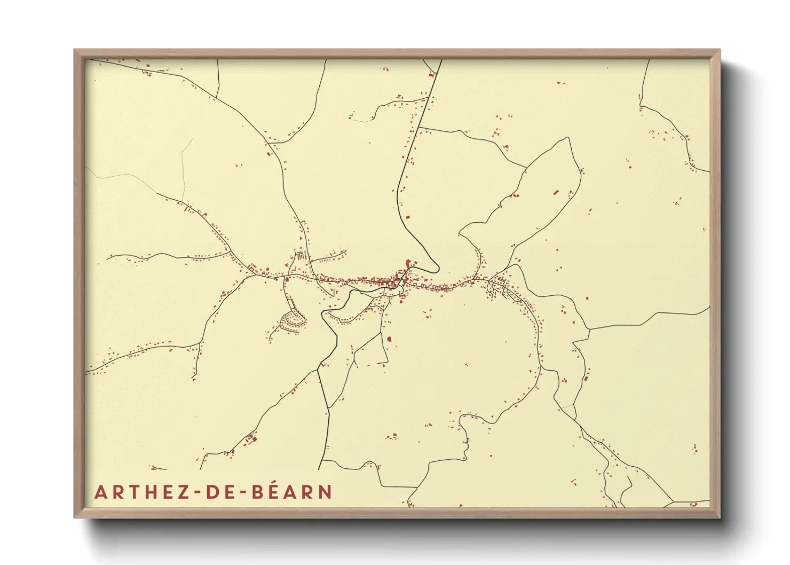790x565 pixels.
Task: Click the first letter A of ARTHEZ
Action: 100,492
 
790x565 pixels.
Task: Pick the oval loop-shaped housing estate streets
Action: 293,321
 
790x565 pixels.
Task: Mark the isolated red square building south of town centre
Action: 389,339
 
